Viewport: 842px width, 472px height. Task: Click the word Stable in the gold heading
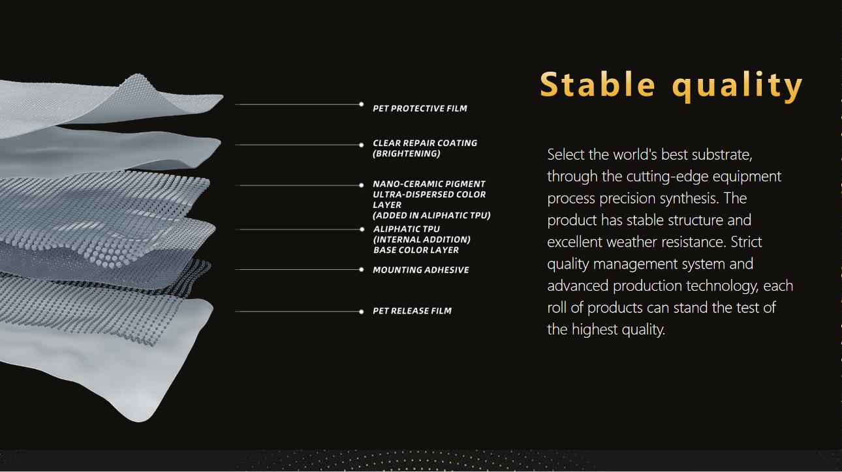click(x=598, y=85)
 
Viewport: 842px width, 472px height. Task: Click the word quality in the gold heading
click(x=738, y=86)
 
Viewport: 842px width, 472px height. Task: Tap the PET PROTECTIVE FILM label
click(x=420, y=108)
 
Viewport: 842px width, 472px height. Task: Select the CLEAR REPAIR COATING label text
click(x=425, y=143)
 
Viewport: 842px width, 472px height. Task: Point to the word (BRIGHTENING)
click(x=407, y=154)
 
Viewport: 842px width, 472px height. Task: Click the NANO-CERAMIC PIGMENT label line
click(x=429, y=184)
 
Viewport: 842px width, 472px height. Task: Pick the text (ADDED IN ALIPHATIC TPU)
click(x=431, y=216)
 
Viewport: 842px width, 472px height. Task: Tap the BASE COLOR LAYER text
click(x=416, y=250)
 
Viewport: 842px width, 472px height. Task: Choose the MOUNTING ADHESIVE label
click(x=420, y=270)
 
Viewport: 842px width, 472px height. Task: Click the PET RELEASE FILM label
click(x=412, y=311)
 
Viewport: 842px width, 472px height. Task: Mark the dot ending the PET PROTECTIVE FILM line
click(x=361, y=104)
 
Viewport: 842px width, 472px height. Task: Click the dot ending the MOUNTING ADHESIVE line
click(x=361, y=270)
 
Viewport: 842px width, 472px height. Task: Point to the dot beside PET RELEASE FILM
click(x=361, y=312)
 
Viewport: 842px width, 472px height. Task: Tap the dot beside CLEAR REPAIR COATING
click(x=361, y=145)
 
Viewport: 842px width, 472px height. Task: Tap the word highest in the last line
click(x=595, y=330)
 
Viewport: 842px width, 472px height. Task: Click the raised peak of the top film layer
click(x=137, y=76)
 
